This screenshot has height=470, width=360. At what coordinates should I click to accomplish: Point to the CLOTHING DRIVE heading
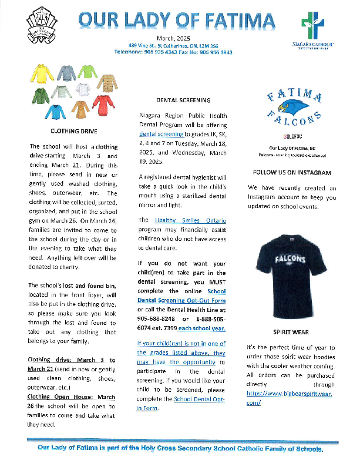coord(73,131)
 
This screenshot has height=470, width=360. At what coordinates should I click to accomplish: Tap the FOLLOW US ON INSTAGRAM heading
coord(291,173)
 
